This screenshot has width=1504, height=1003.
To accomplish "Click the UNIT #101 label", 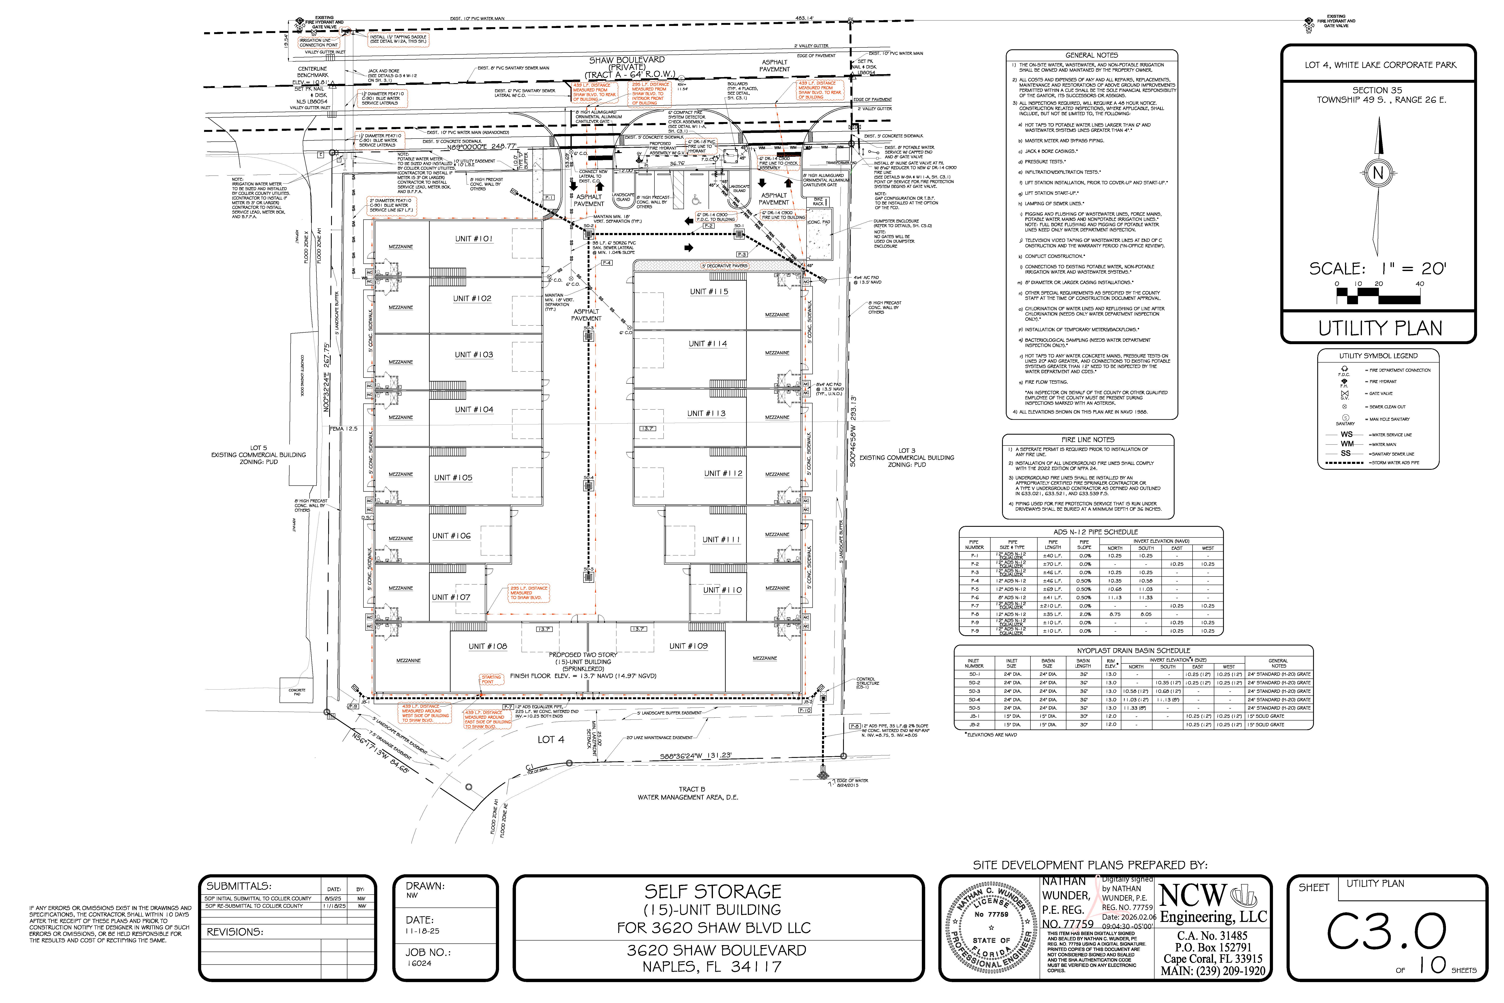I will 474,239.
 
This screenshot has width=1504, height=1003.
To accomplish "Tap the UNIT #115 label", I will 709,292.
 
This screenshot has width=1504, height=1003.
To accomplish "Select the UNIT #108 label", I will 488,646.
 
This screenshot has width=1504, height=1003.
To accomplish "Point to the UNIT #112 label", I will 723,473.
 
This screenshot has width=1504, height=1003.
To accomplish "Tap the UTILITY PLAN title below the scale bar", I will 1380,328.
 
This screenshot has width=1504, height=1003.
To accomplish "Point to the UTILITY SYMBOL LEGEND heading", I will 1378,356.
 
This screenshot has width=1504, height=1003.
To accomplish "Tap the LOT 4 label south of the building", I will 551,740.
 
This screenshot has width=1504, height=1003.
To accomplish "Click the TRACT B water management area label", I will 687,793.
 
